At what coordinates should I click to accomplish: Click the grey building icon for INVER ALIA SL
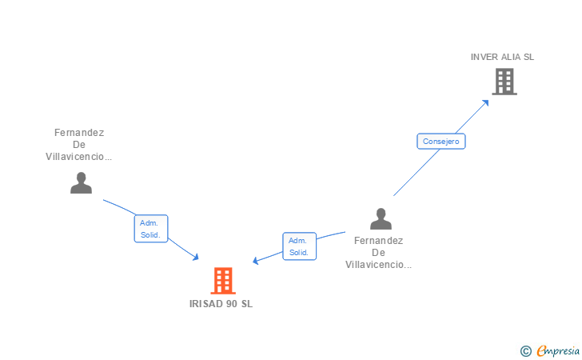[x=504, y=82]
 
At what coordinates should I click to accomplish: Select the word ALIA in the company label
[x=512, y=57]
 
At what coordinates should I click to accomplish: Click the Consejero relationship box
[x=440, y=142]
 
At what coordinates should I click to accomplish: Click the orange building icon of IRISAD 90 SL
[x=223, y=281]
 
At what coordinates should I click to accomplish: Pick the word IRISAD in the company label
[x=206, y=304]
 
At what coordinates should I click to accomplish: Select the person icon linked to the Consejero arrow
[x=381, y=218]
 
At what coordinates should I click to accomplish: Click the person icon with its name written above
[x=81, y=183]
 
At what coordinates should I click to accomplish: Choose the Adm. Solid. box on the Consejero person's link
[x=299, y=246]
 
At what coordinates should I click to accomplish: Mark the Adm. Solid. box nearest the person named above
[x=150, y=229]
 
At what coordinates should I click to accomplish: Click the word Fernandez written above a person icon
[x=79, y=133]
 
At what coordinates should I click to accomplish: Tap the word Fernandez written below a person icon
[x=379, y=240]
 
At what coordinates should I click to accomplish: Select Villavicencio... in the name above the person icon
[x=79, y=157]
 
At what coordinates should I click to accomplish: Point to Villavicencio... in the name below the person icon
[x=379, y=264]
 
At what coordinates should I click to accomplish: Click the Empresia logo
[x=558, y=350]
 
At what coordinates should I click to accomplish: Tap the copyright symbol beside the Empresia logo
[x=525, y=350]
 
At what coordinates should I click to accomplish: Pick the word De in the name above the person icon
[x=79, y=145]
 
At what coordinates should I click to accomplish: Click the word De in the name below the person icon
[x=379, y=252]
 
